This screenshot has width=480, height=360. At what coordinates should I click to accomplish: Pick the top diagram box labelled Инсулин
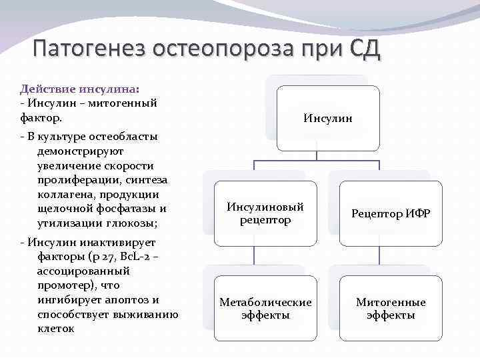(x=328, y=119)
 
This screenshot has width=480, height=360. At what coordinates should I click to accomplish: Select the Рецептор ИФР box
(x=391, y=213)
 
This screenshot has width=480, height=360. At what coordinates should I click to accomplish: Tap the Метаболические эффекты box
(x=265, y=308)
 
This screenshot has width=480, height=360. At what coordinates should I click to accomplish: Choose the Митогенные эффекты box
(x=391, y=308)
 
